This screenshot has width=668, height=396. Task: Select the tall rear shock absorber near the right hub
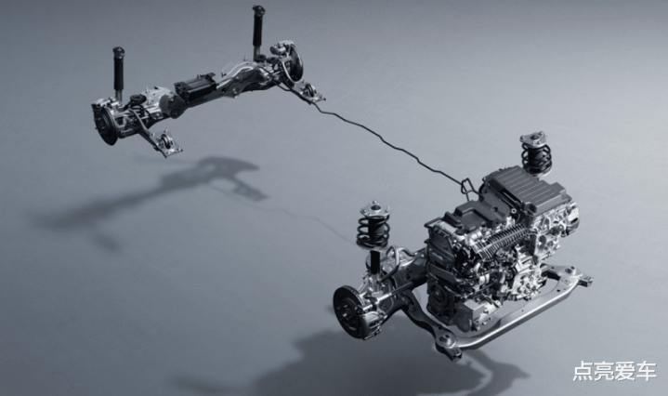pyautogui.click(x=257, y=32)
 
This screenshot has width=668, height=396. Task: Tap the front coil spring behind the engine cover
pyautogui.click(x=535, y=154)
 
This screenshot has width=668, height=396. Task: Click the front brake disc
pyautogui.click(x=352, y=312)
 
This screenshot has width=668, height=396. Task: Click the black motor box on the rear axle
pyautogui.click(x=195, y=87)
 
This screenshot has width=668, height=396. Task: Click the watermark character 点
pyautogui.click(x=583, y=371)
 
